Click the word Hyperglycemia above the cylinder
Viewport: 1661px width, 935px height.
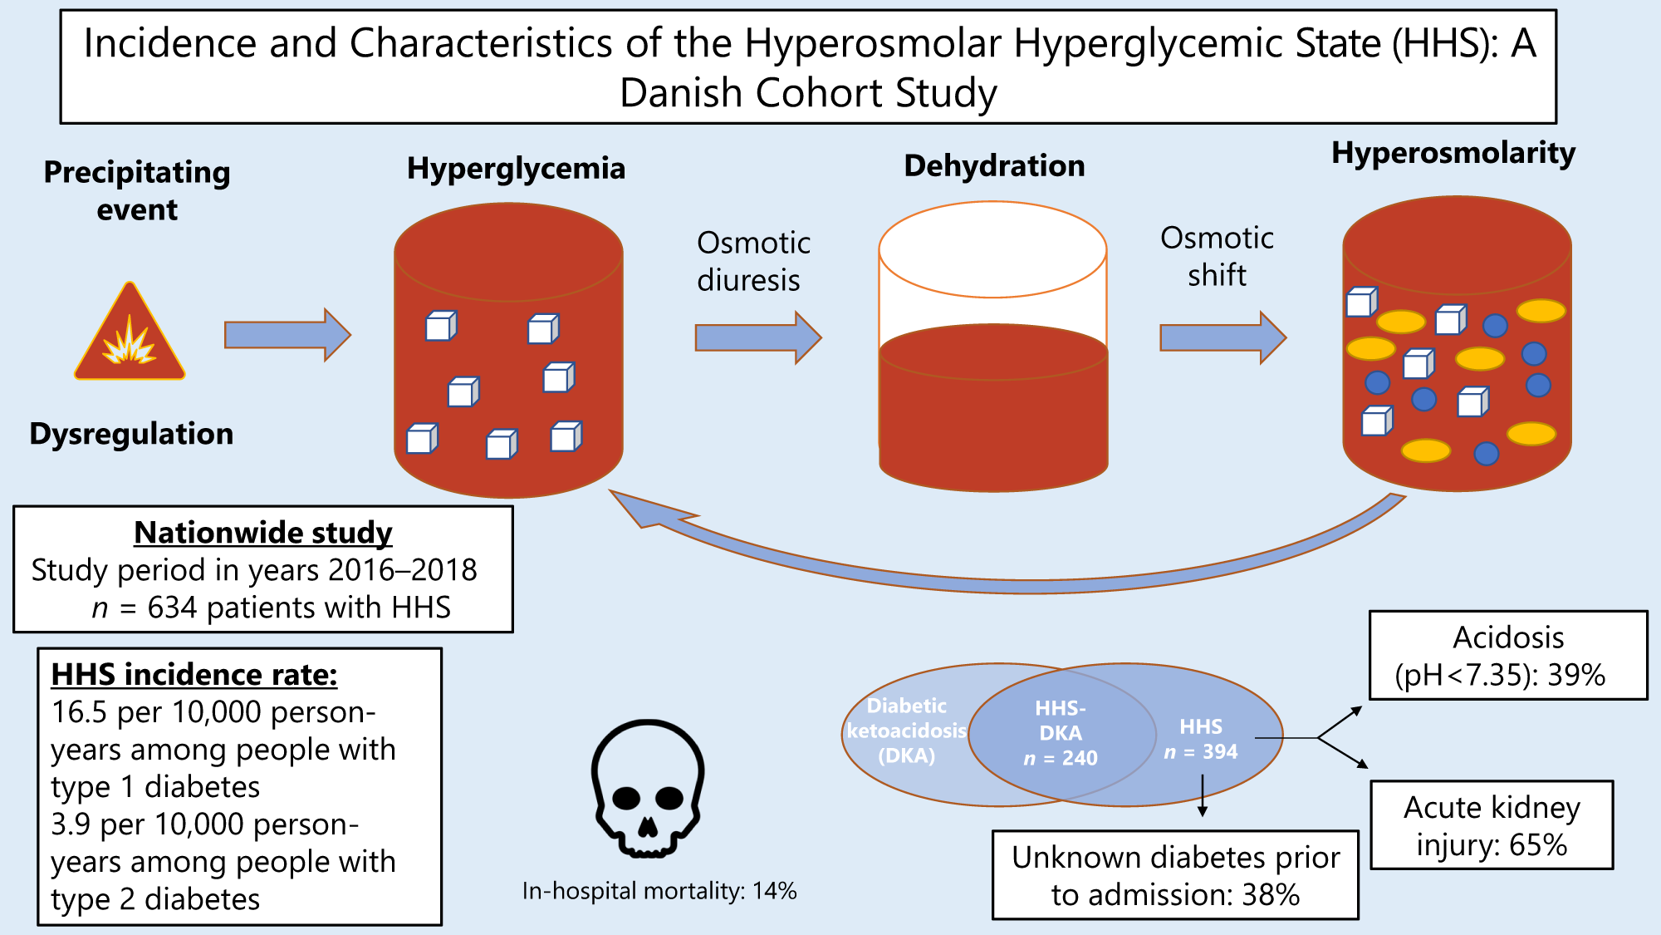click(x=516, y=169)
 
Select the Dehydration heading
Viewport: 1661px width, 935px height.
click(x=994, y=166)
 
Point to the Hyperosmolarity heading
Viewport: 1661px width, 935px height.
click(x=1453, y=153)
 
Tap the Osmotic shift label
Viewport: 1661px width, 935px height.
click(x=1217, y=256)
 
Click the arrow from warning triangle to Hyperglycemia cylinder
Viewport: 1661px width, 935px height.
click(x=287, y=335)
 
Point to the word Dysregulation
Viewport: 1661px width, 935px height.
click(x=131, y=434)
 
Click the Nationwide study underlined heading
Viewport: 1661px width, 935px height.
click(x=263, y=533)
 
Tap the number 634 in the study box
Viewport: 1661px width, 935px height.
click(x=172, y=608)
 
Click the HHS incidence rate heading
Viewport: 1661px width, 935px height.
click(x=194, y=675)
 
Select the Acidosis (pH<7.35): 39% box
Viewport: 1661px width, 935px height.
click(x=1507, y=656)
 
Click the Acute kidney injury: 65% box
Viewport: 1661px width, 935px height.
click(x=1492, y=825)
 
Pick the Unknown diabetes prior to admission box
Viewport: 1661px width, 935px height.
click(x=1175, y=875)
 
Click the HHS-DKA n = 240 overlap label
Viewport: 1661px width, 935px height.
click(x=1061, y=733)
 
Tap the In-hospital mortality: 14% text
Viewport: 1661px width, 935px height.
click(x=659, y=891)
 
